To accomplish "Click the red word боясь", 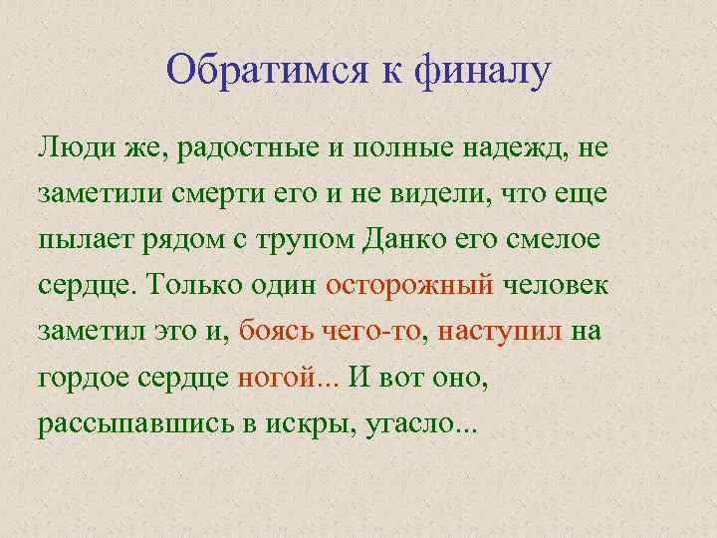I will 273,330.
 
